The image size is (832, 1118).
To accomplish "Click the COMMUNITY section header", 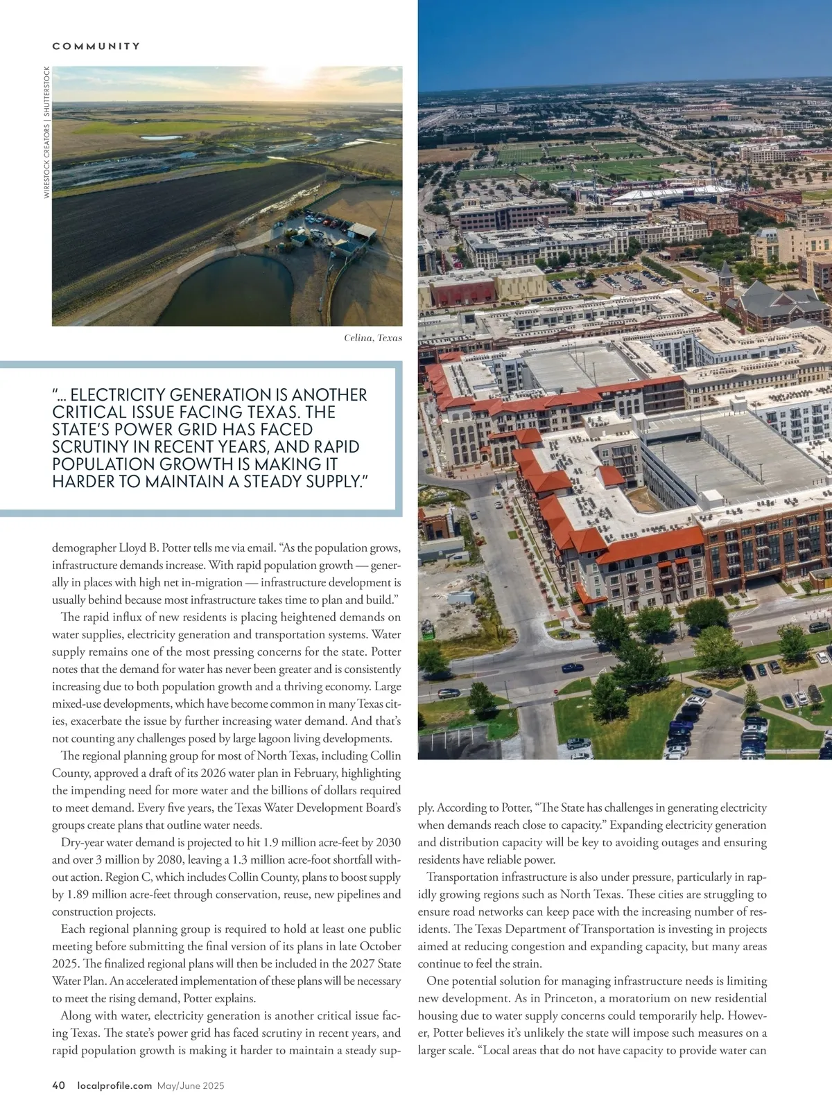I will (x=96, y=46).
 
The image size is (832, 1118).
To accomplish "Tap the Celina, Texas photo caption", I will (x=372, y=338).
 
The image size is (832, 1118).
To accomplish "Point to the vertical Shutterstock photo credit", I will (x=46, y=132).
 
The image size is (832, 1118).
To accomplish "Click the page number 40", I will (x=58, y=1086).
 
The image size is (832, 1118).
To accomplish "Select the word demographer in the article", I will (x=83, y=548).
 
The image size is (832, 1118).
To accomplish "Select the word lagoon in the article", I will (x=270, y=739).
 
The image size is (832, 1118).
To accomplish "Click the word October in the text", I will (x=381, y=947).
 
